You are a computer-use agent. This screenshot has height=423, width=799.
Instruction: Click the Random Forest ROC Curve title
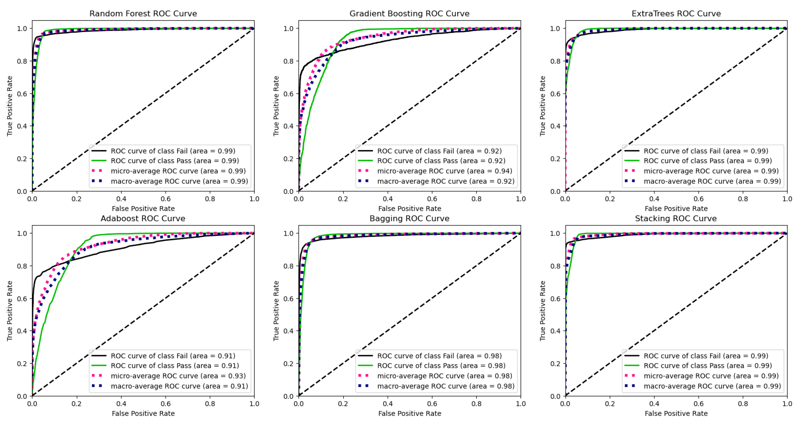[x=143, y=14]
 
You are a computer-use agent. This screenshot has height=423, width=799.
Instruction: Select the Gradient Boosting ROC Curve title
[x=409, y=14]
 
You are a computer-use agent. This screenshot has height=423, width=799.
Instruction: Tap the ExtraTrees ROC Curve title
[x=676, y=14]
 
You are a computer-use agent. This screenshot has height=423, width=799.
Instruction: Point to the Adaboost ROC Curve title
[x=143, y=218]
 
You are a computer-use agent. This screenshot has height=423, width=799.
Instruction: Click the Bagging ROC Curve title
[x=409, y=218]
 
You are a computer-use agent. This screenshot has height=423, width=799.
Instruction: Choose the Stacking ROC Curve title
[x=676, y=218]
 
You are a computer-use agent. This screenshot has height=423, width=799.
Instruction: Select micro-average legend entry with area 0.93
[x=178, y=376]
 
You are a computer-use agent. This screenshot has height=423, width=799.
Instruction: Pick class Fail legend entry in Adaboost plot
[x=173, y=355]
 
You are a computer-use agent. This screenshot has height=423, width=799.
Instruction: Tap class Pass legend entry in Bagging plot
[x=441, y=365]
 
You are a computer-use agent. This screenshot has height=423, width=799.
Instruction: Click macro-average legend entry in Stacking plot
[x=712, y=386]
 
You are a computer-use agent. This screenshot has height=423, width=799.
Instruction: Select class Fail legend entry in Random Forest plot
[x=173, y=151]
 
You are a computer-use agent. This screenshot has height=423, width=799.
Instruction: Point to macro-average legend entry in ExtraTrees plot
[x=712, y=181]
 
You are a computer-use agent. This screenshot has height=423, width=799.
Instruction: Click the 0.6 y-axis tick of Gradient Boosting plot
[x=288, y=94]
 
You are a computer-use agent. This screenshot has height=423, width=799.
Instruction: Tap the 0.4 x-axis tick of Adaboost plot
[x=121, y=403]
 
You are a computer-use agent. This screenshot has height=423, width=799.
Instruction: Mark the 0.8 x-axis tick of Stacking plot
[x=743, y=403]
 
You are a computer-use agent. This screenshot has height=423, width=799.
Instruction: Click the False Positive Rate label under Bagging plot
[x=409, y=413]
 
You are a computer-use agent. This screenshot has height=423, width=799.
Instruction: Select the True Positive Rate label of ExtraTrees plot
[x=542, y=106]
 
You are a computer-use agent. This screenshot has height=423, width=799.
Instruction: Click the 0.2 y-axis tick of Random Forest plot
[x=22, y=159]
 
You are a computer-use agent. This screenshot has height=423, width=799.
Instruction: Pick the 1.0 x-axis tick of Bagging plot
[x=520, y=403]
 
